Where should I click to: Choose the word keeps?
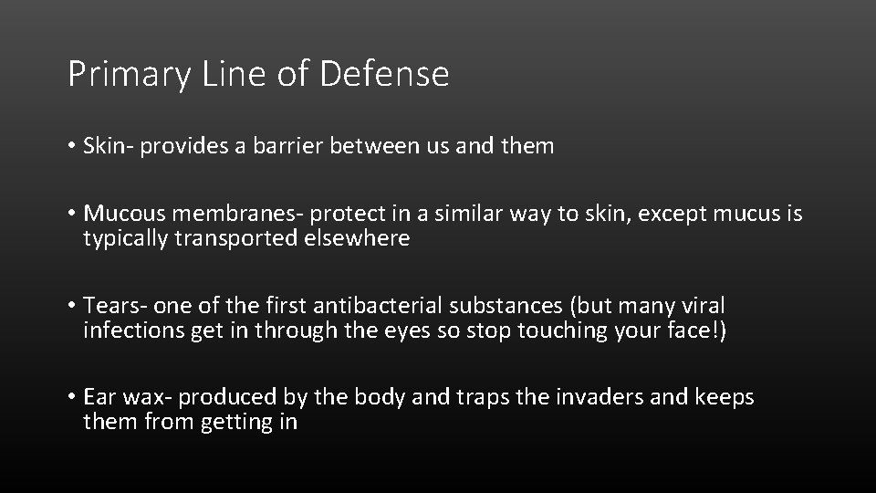coord(723,397)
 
